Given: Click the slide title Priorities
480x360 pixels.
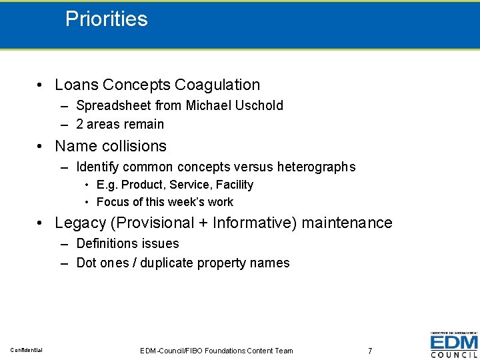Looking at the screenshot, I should (x=107, y=19).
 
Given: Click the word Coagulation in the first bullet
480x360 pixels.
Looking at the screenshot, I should (x=217, y=85).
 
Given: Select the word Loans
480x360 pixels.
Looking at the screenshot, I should (x=77, y=85).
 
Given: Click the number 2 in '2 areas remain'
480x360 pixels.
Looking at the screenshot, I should (x=80, y=124).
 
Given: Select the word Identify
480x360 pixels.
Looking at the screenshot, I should (x=98, y=167).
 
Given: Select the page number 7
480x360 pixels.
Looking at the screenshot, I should (x=370, y=351).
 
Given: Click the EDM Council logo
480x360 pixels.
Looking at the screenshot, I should (x=453, y=345).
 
